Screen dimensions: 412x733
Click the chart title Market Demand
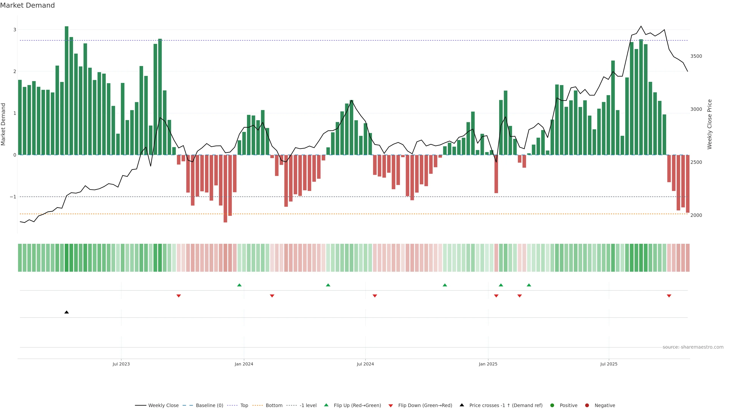[27, 5]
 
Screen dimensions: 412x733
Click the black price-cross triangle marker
[67, 312]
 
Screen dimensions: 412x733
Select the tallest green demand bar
[67, 90]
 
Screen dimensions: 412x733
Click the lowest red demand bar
[225, 188]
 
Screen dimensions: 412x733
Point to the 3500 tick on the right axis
[696, 56]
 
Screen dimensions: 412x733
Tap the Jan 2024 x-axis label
[244, 364]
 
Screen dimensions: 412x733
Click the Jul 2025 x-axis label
[609, 364]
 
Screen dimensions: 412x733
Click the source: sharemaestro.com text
[693, 347]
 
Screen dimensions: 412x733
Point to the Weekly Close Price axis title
[710, 124]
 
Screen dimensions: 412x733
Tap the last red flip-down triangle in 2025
[669, 296]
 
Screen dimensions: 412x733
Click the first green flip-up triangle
[239, 285]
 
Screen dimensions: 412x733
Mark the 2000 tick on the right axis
[696, 215]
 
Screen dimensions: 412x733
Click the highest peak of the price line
[641, 26]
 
